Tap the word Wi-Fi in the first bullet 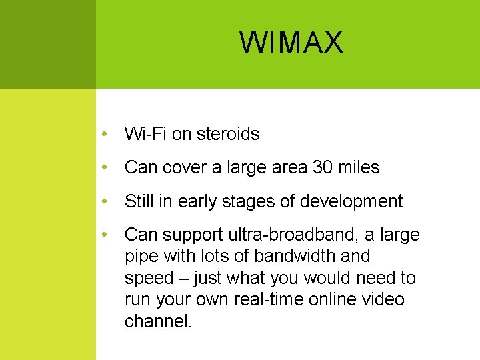pos(145,134)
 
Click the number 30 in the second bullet pos(323,167)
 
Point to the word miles pos(359,167)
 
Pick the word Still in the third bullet pos(139,201)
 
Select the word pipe pos(139,256)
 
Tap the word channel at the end pos(157,321)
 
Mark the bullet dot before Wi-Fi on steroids pos(105,134)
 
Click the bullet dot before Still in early pos(105,201)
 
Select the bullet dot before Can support pos(105,235)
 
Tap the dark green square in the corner pos(47,44)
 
